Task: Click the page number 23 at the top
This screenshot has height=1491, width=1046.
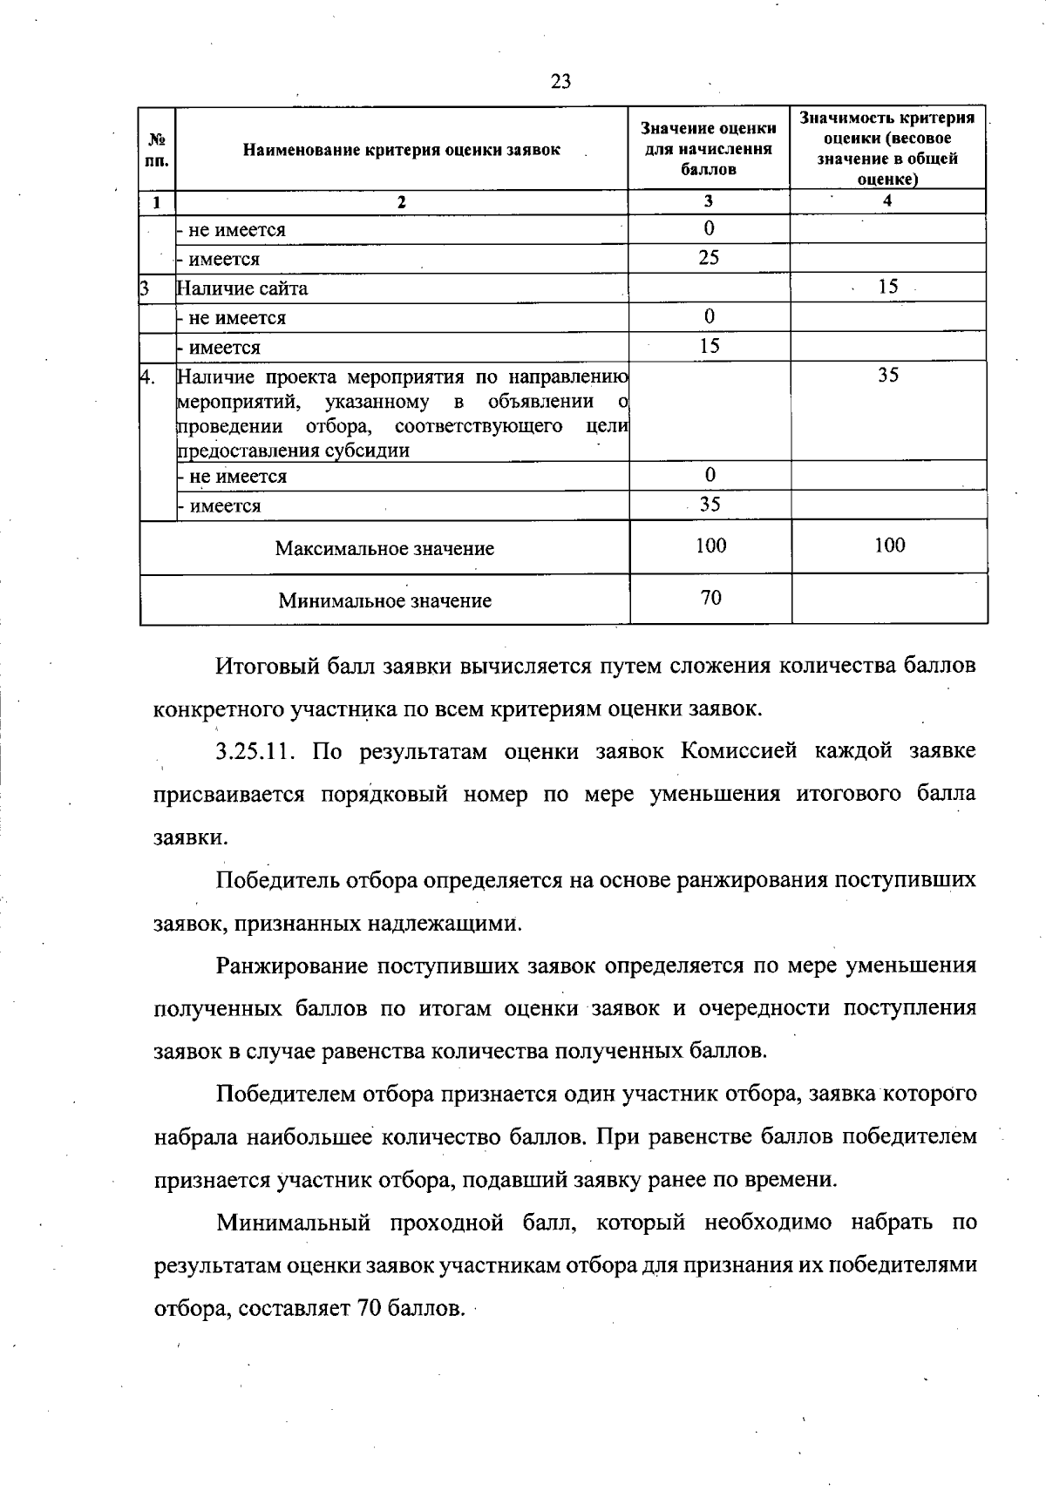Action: click(560, 82)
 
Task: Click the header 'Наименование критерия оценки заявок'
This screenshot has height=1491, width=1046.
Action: click(401, 150)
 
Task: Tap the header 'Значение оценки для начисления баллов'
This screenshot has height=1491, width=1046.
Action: click(709, 148)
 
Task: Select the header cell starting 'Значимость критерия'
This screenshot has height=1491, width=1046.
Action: click(887, 148)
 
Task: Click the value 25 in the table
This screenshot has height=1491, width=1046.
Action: click(709, 258)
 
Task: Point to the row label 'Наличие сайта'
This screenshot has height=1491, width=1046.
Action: click(242, 288)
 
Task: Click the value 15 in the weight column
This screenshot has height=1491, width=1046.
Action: click(887, 287)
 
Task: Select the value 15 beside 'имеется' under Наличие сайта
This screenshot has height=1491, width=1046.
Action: click(709, 346)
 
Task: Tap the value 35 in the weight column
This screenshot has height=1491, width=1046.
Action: click(887, 376)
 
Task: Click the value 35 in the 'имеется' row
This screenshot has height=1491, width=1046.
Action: click(710, 505)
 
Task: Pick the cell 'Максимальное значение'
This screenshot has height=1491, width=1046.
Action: click(384, 548)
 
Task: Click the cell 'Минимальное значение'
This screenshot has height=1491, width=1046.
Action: click(384, 600)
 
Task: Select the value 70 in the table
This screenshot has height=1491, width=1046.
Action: click(710, 598)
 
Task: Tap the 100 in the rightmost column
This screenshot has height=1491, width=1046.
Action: click(889, 546)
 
